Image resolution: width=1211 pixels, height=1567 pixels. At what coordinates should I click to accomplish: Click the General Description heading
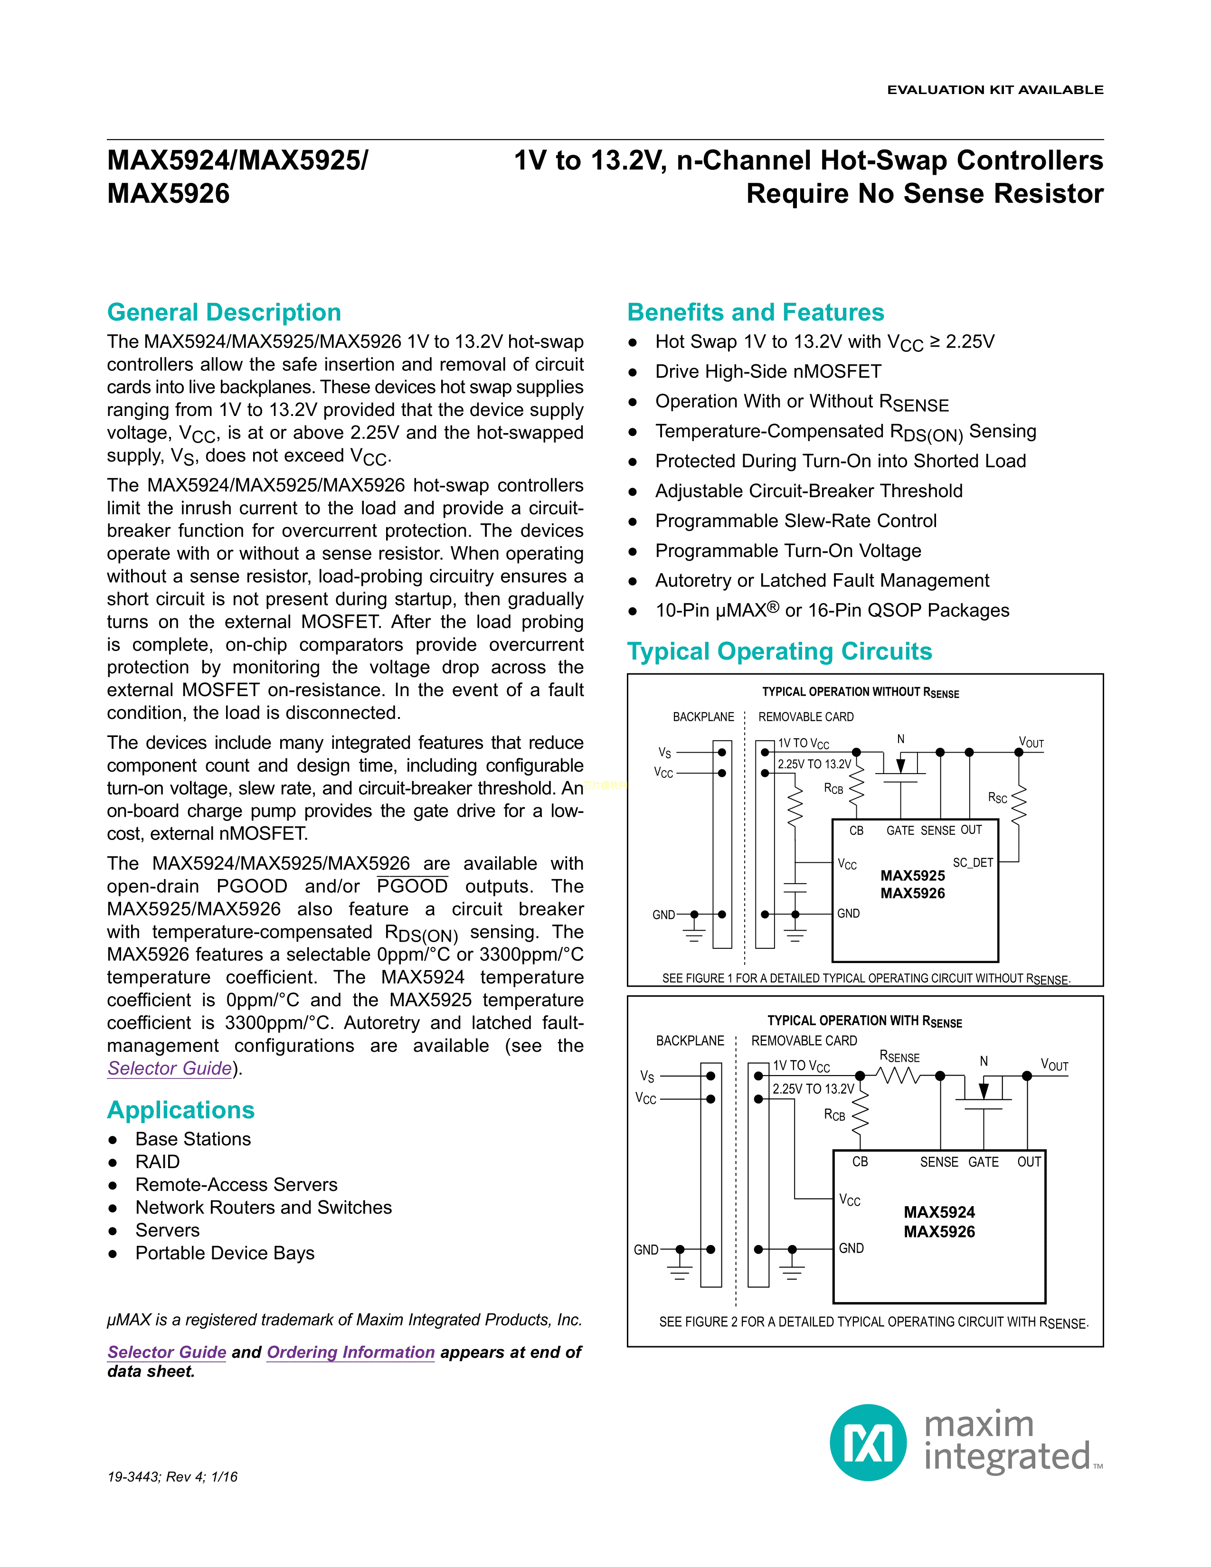pyautogui.click(x=224, y=313)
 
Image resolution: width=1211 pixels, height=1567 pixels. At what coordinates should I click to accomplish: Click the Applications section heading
pyautogui.click(x=181, y=1110)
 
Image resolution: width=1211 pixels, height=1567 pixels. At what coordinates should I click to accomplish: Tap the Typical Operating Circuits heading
pyautogui.click(x=779, y=651)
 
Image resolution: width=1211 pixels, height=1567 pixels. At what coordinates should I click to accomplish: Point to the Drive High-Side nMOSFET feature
pyautogui.click(x=767, y=372)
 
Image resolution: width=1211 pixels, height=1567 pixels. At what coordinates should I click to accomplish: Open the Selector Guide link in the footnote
pyautogui.click(x=166, y=1352)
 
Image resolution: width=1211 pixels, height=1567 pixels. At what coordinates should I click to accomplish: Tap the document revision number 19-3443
pyautogui.click(x=132, y=1477)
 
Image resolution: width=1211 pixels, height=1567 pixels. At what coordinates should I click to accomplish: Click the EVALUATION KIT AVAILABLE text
pyautogui.click(x=995, y=90)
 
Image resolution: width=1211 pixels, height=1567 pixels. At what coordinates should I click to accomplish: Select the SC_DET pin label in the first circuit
pyautogui.click(x=972, y=862)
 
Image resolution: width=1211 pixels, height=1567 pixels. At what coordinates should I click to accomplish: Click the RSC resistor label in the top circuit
pyautogui.click(x=997, y=798)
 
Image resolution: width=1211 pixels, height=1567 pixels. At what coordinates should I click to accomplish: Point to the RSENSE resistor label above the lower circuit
pyautogui.click(x=899, y=1057)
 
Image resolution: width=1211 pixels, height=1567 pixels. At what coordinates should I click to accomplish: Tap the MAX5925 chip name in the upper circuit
pyautogui.click(x=913, y=875)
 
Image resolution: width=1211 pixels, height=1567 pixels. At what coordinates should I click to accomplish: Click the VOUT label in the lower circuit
pyautogui.click(x=1054, y=1066)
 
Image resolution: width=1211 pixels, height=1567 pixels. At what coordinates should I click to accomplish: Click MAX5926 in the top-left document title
pyautogui.click(x=169, y=194)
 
